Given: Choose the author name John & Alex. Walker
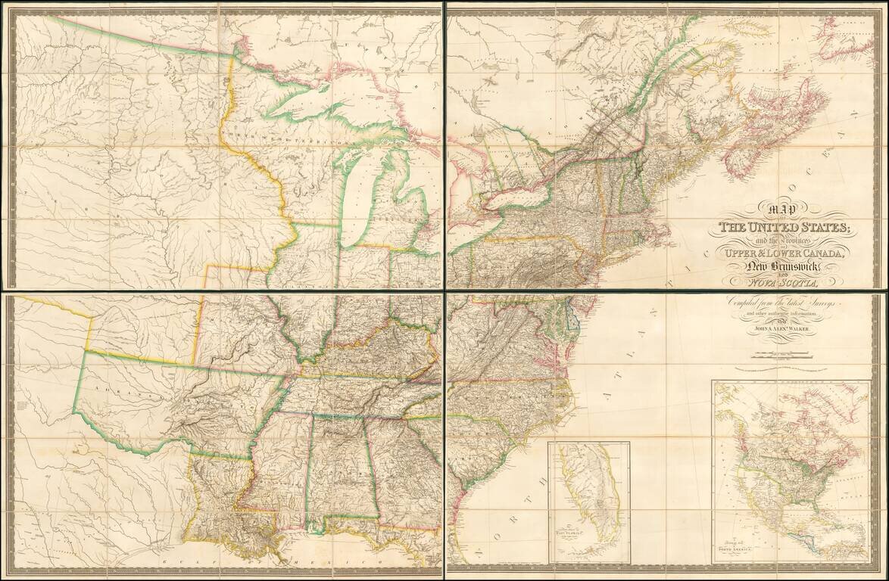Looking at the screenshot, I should tap(780, 328).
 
